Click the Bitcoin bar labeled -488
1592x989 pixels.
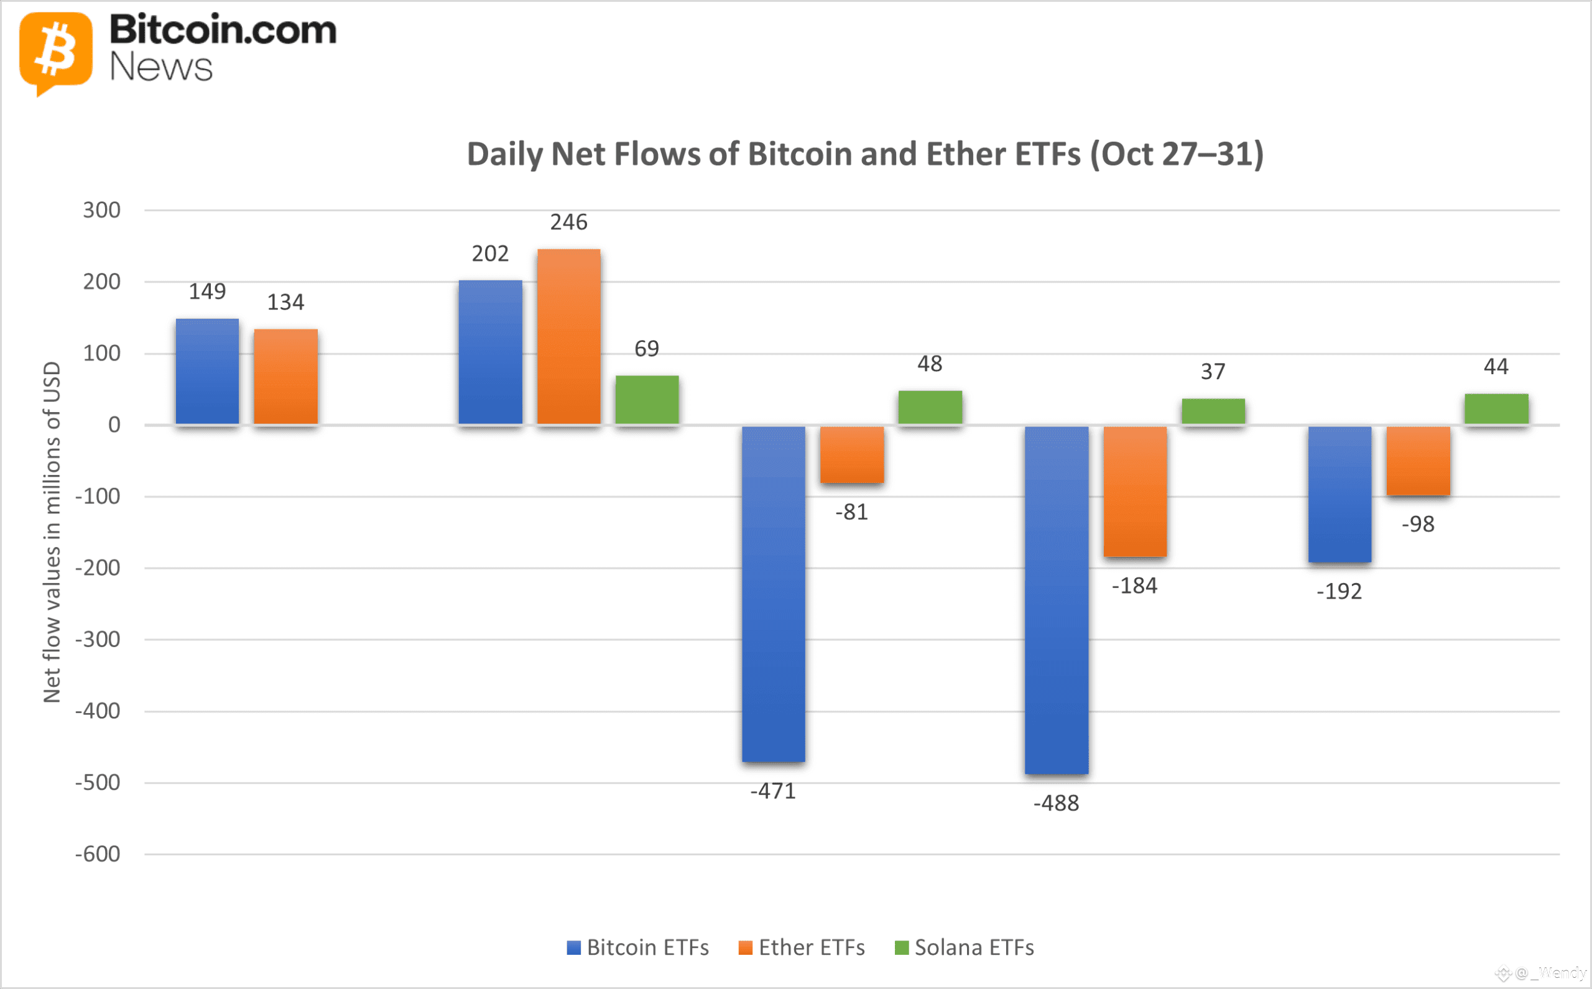(x=1056, y=600)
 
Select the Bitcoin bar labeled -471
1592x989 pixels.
(x=773, y=594)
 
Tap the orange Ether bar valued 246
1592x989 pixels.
(x=568, y=337)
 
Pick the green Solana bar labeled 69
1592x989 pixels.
(x=647, y=400)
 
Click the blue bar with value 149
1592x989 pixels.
(x=206, y=372)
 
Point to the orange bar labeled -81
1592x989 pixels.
(x=851, y=454)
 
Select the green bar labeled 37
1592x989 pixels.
(x=1213, y=412)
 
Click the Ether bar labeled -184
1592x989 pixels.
(x=1135, y=491)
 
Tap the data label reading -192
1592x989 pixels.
(x=1339, y=591)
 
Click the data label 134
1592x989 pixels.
(x=285, y=302)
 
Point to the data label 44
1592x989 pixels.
(x=1495, y=366)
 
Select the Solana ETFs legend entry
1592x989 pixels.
(x=964, y=947)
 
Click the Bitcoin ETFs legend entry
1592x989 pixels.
(x=637, y=947)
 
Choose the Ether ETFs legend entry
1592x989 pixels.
(x=801, y=947)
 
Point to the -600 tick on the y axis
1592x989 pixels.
(x=98, y=853)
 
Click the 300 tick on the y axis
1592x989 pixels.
(x=101, y=210)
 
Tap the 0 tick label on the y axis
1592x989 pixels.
(x=114, y=425)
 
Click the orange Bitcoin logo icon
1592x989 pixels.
(x=55, y=52)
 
